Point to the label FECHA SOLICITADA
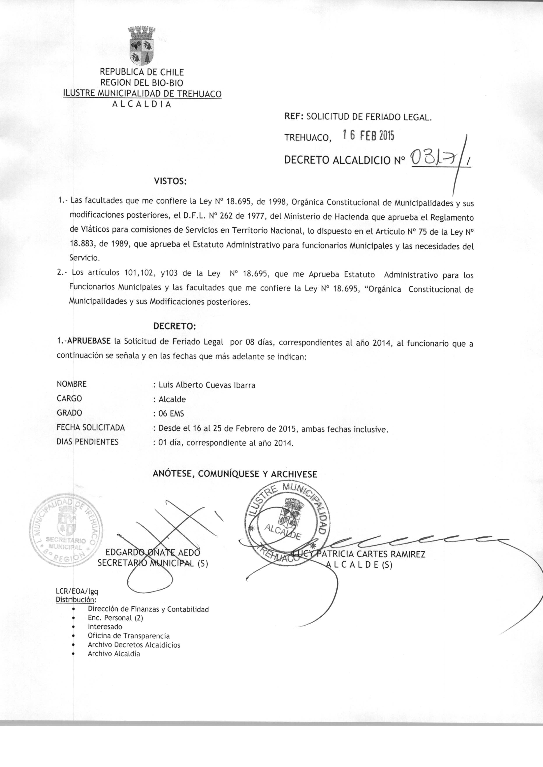pos(91,428)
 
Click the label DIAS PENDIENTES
pos(88,442)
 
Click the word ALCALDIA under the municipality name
pos(141,104)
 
